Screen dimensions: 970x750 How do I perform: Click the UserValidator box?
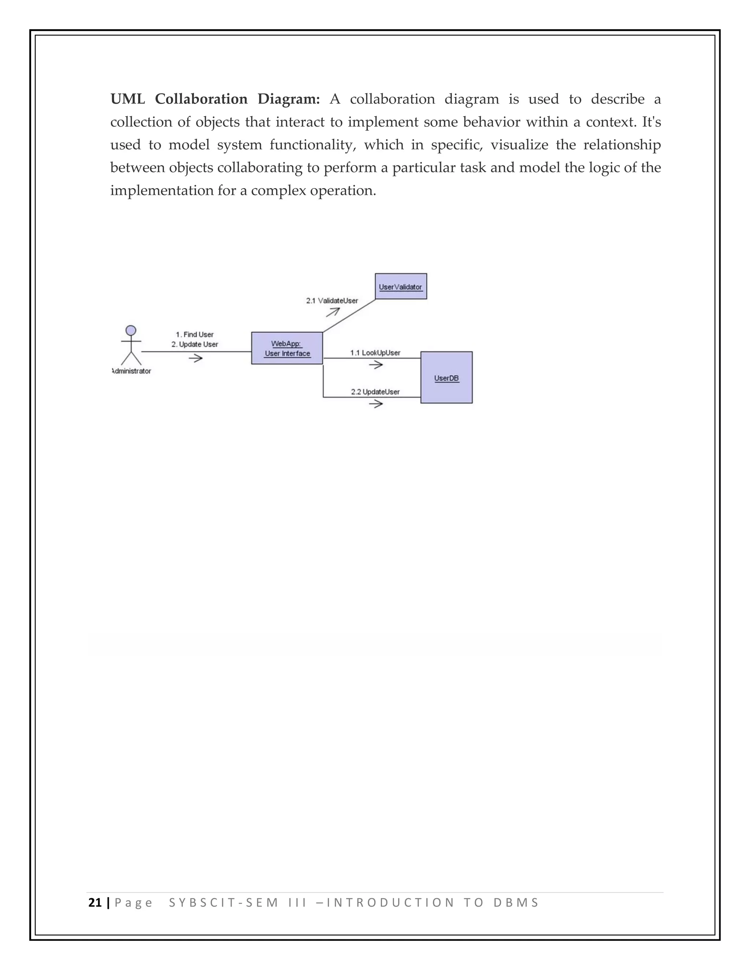pyautogui.click(x=401, y=287)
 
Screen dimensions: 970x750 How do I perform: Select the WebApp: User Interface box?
pyautogui.click(x=287, y=348)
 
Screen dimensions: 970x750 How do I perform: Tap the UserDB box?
pyautogui.click(x=446, y=377)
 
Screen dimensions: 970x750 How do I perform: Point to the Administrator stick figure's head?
pyautogui.click(x=131, y=331)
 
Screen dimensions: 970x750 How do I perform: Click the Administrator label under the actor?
pyautogui.click(x=131, y=371)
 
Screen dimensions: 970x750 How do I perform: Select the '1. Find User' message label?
pyautogui.click(x=194, y=335)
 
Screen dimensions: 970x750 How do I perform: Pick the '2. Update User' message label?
pyautogui.click(x=194, y=344)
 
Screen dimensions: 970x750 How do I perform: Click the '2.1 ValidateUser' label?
pyautogui.click(x=332, y=301)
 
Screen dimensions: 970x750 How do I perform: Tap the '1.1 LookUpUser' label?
pyautogui.click(x=375, y=352)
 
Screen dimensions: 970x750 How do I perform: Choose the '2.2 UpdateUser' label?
pyautogui.click(x=375, y=392)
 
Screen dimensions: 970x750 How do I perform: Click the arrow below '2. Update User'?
pyautogui.click(x=196, y=358)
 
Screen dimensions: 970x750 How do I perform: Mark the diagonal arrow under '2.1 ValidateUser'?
pyautogui.click(x=333, y=312)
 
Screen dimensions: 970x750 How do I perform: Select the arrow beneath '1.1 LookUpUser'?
pyautogui.click(x=376, y=365)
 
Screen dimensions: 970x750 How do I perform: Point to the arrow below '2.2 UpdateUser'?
pyautogui.click(x=376, y=404)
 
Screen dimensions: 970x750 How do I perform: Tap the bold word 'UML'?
pyautogui.click(x=127, y=99)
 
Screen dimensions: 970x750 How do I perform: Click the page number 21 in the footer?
pyautogui.click(x=95, y=903)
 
